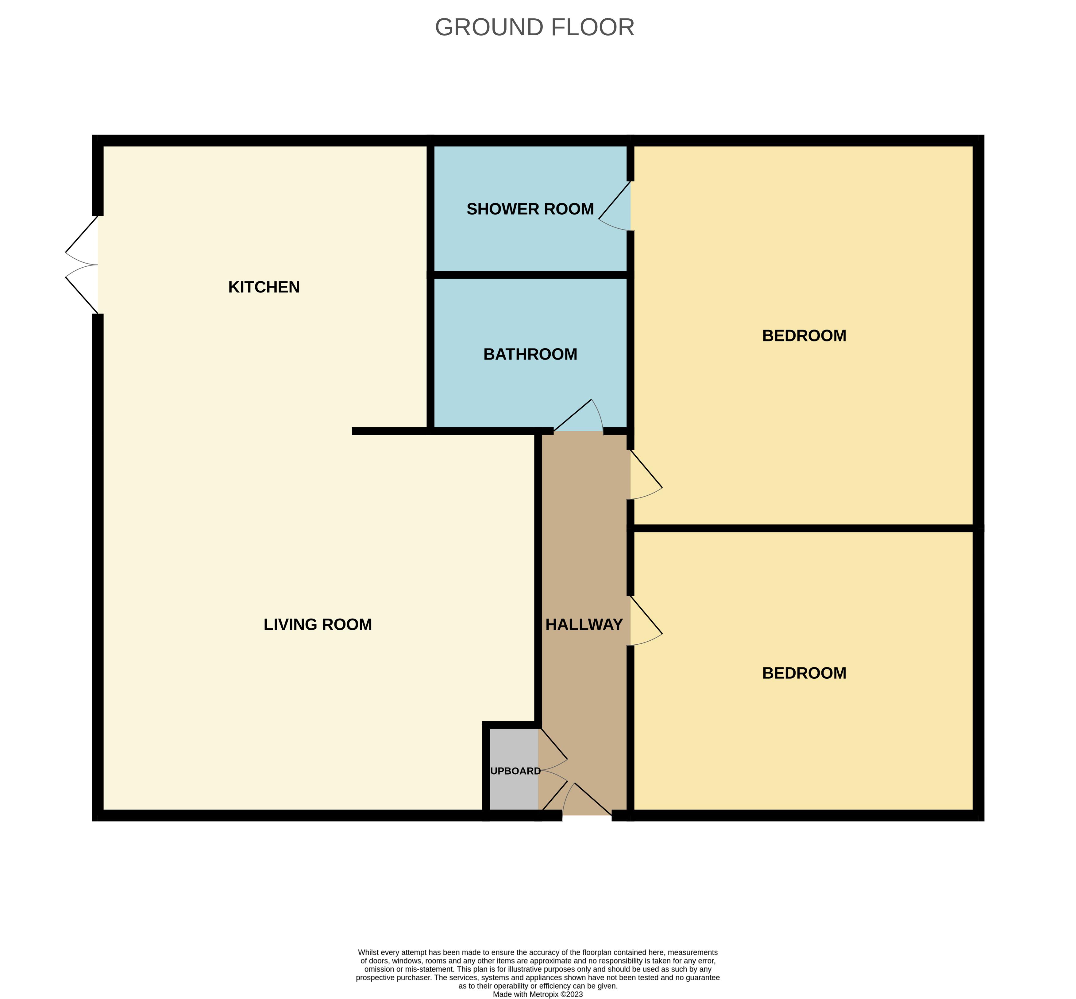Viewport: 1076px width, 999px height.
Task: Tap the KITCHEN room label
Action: pos(264,287)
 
